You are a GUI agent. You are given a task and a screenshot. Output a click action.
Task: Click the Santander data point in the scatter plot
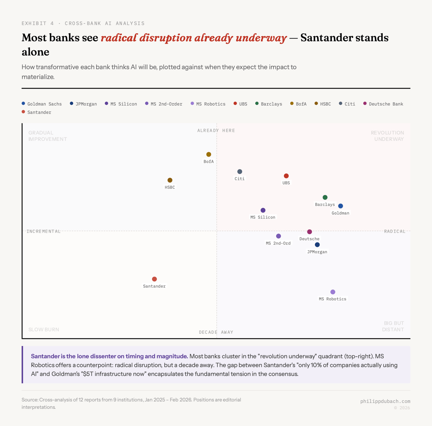coord(154,279)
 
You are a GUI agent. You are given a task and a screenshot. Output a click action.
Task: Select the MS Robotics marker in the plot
coord(333,292)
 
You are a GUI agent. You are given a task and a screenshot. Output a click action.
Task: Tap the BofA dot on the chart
coord(208,154)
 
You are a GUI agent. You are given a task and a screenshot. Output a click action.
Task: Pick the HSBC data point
coord(170,180)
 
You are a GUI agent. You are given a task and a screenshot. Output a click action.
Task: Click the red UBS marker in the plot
coord(286,176)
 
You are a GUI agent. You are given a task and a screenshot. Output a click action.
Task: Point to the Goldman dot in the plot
coord(341,206)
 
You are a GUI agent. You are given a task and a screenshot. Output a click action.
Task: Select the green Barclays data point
coord(325,197)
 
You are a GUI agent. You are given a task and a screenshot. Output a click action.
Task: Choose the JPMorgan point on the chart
coord(317,245)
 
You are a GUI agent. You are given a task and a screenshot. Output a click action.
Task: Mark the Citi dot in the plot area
coord(240,172)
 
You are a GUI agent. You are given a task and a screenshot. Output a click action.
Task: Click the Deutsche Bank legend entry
coord(383,104)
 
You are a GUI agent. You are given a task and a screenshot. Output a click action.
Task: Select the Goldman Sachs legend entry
coord(42,104)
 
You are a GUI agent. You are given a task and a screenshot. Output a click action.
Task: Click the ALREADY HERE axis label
coord(216,130)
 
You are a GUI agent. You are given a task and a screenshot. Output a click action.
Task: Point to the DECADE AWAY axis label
coord(216,332)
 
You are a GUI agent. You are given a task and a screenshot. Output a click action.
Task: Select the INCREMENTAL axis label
coord(44,231)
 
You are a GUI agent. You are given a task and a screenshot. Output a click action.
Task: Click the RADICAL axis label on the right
coord(395,231)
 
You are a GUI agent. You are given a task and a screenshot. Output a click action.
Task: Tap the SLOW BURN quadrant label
coord(44,329)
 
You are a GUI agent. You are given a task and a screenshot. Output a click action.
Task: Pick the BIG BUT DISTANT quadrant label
coord(393,326)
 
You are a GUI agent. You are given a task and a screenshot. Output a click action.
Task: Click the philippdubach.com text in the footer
coord(385,401)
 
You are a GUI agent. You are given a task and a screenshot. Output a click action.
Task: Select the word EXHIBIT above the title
coord(34,23)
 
